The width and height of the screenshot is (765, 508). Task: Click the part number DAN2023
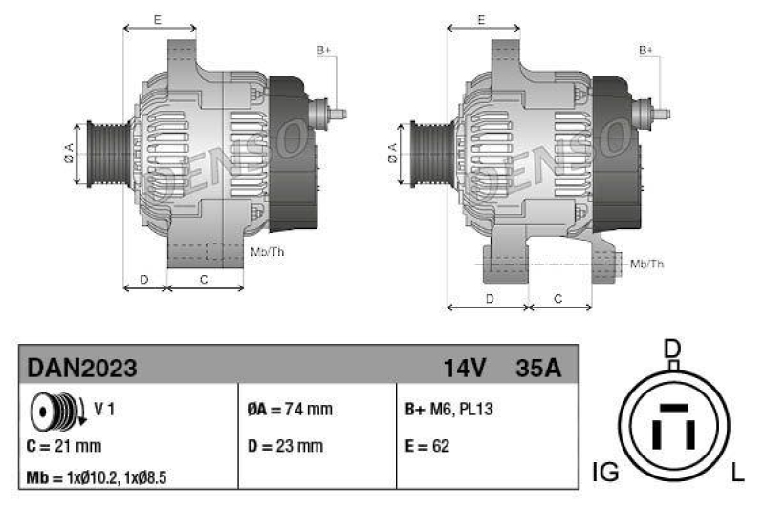pyautogui.click(x=82, y=368)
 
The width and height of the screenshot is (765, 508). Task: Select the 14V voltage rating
pyautogui.click(x=465, y=368)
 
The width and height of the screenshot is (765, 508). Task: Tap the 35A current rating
pyautogui.click(x=537, y=368)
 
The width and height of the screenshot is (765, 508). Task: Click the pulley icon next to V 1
pyautogui.click(x=55, y=412)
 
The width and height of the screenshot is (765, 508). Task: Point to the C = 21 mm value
pyautogui.click(x=64, y=445)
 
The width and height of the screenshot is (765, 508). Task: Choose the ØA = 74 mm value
pyautogui.click(x=290, y=410)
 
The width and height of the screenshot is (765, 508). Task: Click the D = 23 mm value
pyautogui.click(x=285, y=445)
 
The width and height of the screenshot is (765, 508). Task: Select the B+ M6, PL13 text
pyautogui.click(x=449, y=410)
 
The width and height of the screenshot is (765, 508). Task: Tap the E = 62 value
pyautogui.click(x=427, y=445)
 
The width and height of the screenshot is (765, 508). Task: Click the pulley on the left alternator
pyautogui.click(x=102, y=152)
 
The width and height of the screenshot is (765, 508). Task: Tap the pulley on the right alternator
pyautogui.click(x=426, y=152)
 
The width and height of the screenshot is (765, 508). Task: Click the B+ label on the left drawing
pyautogui.click(x=323, y=50)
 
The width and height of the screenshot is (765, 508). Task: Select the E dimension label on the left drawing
pyautogui.click(x=157, y=19)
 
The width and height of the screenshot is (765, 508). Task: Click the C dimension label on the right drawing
pyautogui.click(x=558, y=299)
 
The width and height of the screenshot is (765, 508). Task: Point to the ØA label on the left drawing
pyautogui.click(x=69, y=152)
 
